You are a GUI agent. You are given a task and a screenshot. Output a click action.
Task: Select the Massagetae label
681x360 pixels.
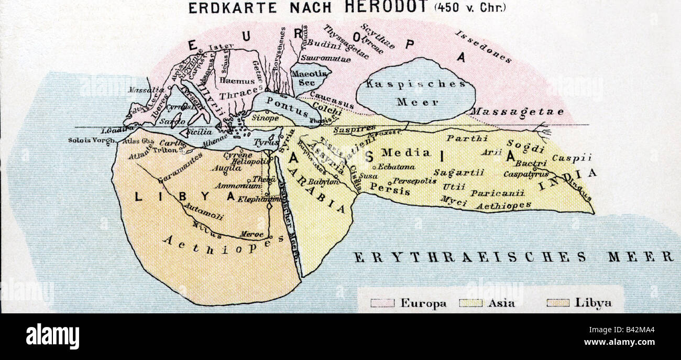coord(517,112)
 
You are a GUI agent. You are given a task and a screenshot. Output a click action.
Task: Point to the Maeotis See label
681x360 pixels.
coord(309,79)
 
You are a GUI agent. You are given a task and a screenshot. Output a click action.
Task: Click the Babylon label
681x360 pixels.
coord(323,182)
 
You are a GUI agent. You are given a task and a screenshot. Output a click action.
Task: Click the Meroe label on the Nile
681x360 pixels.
coord(251,234)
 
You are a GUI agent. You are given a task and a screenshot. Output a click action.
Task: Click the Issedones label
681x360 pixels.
coord(482,47)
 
